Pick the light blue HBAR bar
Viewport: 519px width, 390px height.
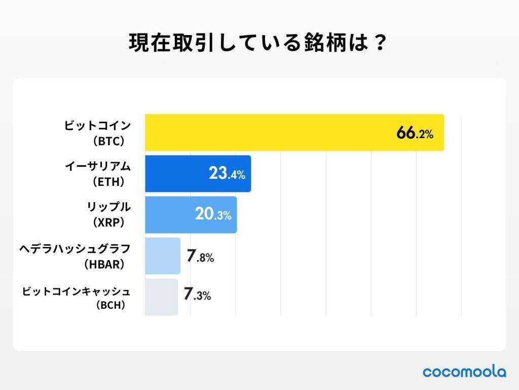(x=163, y=256)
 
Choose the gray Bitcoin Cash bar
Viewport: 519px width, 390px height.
(x=161, y=297)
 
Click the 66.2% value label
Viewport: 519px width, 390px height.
(x=415, y=134)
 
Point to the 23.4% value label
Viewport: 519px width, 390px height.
(x=227, y=174)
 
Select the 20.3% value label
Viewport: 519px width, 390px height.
(x=213, y=215)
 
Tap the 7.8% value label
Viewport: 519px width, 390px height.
(x=200, y=256)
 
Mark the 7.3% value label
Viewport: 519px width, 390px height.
(x=197, y=295)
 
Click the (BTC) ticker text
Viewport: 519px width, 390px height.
(x=108, y=141)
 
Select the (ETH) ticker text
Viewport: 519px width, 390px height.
(x=108, y=181)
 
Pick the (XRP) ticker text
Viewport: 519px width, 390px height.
(x=108, y=222)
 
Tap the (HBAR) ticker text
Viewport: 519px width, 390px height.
(x=104, y=264)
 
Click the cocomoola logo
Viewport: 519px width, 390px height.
(x=464, y=372)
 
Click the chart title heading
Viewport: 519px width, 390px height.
(x=258, y=43)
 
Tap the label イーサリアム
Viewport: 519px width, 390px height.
(x=97, y=166)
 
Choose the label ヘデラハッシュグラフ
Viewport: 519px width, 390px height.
(x=75, y=248)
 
